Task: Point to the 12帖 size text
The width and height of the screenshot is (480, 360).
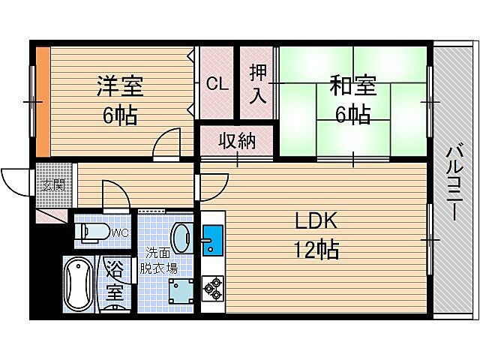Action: [316, 249]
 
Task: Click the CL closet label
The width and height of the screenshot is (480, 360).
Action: [217, 84]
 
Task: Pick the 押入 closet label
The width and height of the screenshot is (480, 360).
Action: [258, 84]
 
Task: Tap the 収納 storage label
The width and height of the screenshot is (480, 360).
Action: [235, 140]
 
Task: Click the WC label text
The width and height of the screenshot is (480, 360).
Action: [119, 233]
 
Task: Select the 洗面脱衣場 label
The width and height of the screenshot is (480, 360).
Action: [160, 259]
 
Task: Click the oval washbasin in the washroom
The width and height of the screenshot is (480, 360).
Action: [181, 238]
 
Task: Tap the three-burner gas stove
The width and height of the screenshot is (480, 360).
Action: [212, 287]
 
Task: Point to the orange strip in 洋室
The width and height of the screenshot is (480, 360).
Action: [43, 99]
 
